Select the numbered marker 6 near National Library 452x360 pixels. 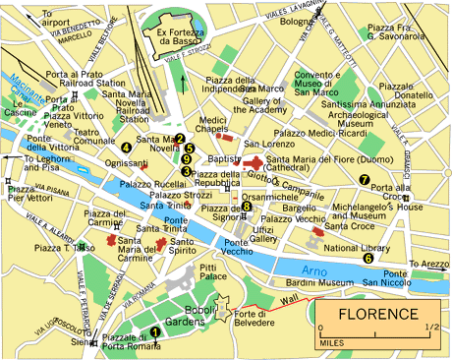coord(368,259)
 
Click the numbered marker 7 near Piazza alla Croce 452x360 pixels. coord(364,180)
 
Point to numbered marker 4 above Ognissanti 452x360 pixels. coord(126,149)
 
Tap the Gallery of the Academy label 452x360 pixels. coord(269,107)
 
